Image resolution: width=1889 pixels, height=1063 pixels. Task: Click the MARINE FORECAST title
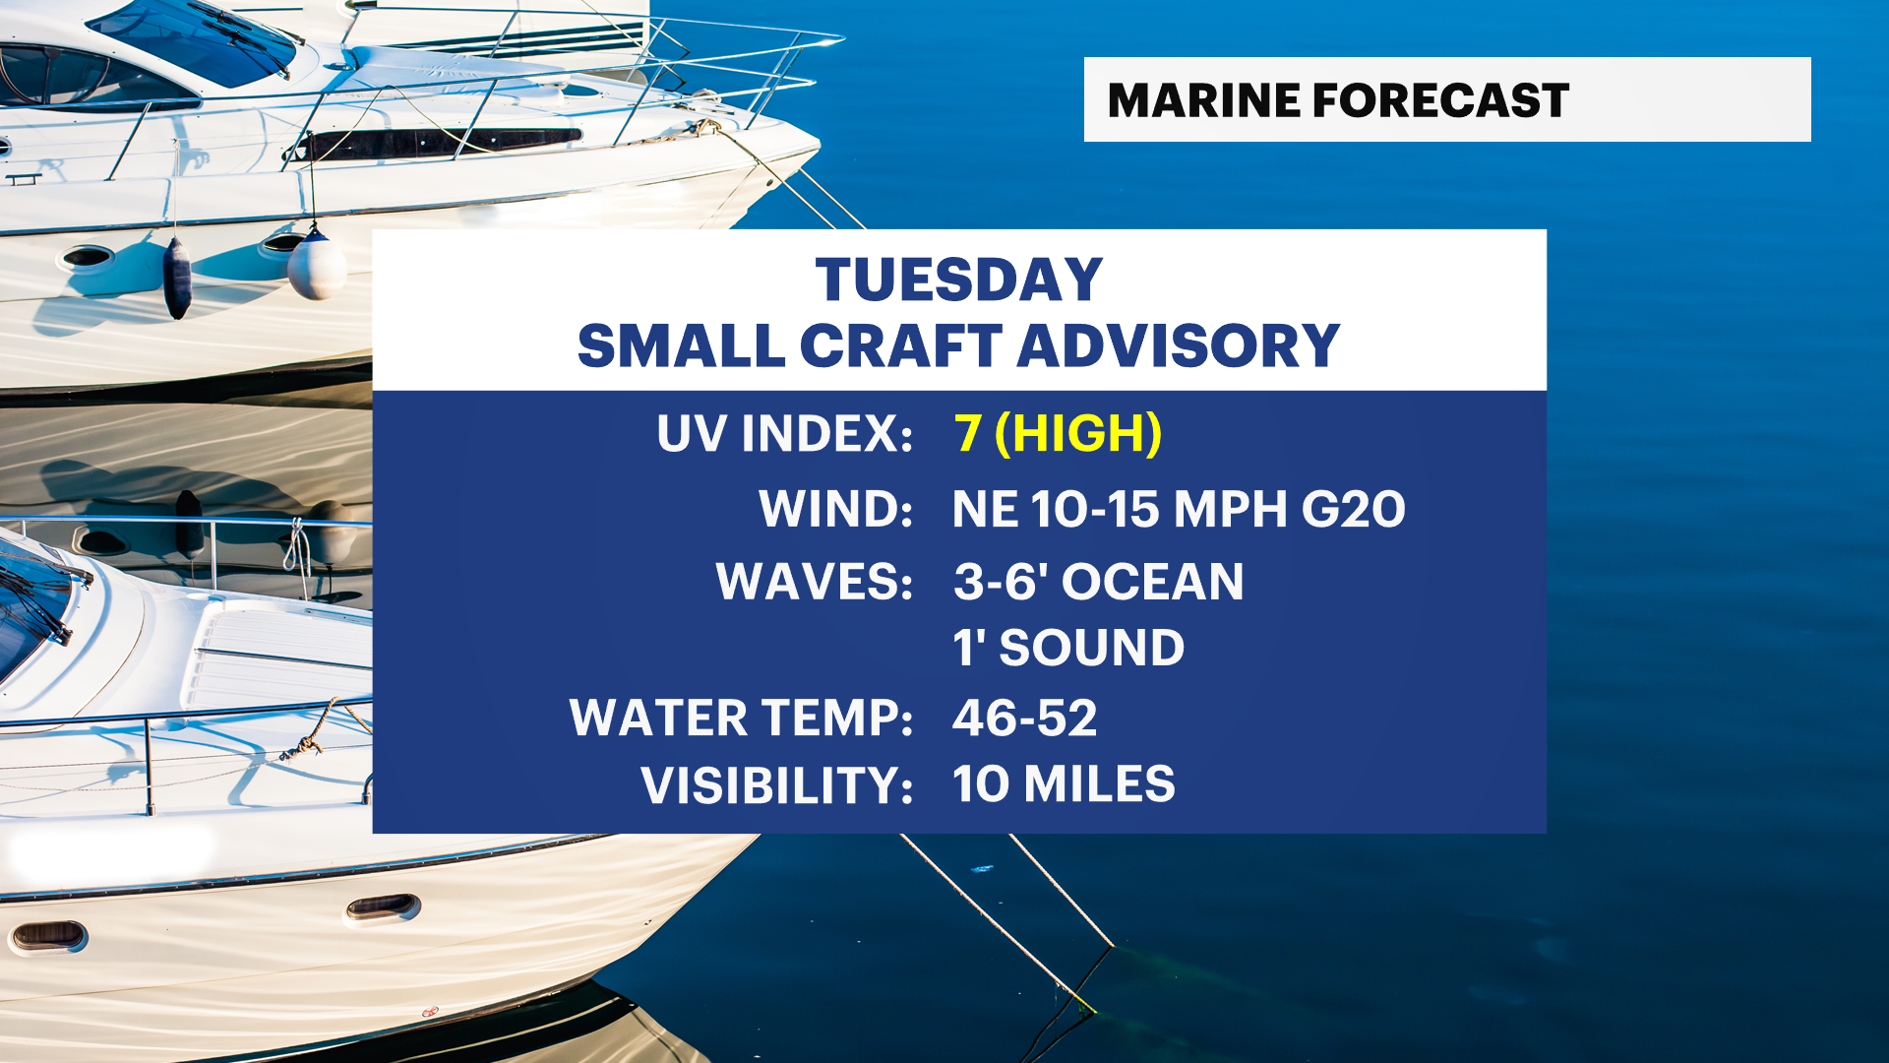(1338, 100)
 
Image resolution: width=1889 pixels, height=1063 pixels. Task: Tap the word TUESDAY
(959, 281)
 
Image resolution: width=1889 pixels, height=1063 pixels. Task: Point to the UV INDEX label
(785, 433)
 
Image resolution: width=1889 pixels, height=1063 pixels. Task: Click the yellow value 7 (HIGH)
(1059, 433)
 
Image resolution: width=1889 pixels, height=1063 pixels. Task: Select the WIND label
(836, 509)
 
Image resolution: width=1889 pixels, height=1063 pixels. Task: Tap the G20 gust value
(1354, 509)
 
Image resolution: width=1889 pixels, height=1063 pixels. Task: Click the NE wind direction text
(986, 509)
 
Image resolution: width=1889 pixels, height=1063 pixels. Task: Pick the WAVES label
(815, 581)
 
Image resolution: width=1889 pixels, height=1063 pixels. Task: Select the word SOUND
(1092, 648)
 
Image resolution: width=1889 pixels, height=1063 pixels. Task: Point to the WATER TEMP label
(742, 718)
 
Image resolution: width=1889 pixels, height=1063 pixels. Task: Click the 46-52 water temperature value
(1025, 718)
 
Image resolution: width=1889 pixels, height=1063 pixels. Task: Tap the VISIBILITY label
(777, 784)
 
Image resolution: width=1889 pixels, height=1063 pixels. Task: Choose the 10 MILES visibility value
(1065, 784)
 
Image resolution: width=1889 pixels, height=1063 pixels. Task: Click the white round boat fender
(317, 264)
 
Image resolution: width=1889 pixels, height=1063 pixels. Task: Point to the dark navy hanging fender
(177, 278)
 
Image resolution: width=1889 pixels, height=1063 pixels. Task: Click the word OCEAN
(1153, 581)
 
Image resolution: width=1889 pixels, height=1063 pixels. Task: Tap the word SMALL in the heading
(682, 345)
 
